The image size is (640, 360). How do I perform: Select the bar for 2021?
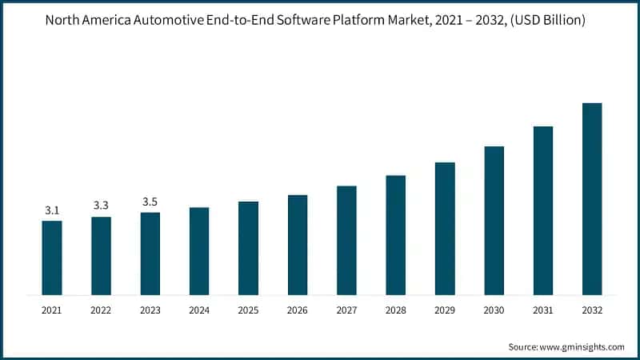(52, 258)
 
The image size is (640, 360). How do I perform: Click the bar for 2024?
(199, 251)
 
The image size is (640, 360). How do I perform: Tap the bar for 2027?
(346, 240)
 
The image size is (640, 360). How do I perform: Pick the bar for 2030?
(494, 221)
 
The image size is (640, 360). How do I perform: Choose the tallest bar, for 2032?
(592, 199)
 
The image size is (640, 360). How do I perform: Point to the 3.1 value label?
(52, 210)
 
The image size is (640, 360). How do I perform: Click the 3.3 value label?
(102, 206)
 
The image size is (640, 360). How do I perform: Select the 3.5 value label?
(150, 202)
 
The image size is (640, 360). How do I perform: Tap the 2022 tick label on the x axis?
(102, 309)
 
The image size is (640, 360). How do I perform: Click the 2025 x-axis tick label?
(249, 309)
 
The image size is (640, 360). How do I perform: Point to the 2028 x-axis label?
(396, 309)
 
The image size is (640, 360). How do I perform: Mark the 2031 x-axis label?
(543, 309)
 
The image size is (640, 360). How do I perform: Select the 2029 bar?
(445, 229)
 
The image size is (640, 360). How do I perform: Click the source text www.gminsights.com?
(583, 346)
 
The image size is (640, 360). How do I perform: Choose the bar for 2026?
(298, 245)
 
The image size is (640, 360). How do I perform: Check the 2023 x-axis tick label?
(150, 309)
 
